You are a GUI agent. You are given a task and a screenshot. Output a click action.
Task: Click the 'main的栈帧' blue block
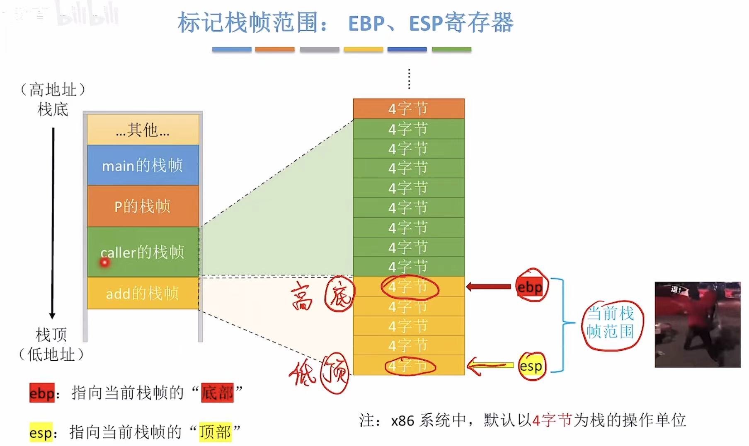tap(143, 165)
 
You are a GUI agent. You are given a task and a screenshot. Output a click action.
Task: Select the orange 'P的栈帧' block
tap(143, 206)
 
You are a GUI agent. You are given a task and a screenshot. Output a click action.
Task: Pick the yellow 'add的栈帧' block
tap(143, 293)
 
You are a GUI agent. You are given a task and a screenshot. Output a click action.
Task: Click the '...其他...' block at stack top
tap(143, 130)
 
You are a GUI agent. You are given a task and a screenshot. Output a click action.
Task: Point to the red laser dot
tap(104, 263)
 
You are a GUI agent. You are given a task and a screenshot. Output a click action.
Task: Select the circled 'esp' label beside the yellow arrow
tap(531, 366)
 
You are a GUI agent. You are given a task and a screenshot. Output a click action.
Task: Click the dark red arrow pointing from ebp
tap(489, 287)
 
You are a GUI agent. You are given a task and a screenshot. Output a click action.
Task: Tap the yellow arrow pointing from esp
tap(489, 366)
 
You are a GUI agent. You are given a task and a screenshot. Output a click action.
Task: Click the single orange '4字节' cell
tap(408, 109)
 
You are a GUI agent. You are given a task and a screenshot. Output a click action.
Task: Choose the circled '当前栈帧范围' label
tap(611, 323)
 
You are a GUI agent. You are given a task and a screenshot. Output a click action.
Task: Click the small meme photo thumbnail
tap(697, 325)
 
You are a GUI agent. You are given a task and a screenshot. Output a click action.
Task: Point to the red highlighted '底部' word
tap(217, 392)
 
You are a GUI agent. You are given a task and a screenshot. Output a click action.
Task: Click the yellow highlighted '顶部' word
tap(215, 432)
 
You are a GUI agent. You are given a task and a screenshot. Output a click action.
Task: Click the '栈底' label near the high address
tap(53, 110)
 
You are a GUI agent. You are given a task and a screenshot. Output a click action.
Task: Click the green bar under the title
tap(451, 49)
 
